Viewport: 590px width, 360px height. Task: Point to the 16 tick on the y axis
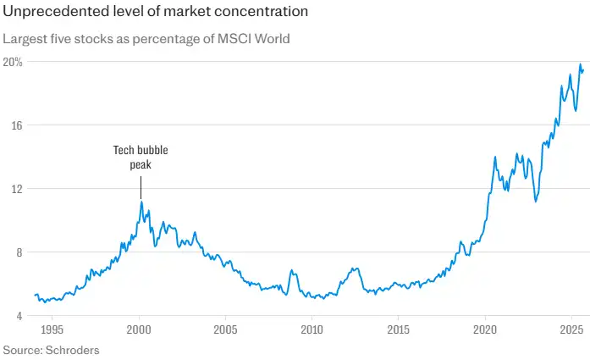[x=12, y=125]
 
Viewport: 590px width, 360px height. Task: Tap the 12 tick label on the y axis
[x=12, y=188]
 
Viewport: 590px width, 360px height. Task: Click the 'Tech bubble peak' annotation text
[x=141, y=158]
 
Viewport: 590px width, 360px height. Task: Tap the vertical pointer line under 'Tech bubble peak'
[x=141, y=187]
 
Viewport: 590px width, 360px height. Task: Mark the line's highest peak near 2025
[x=580, y=64]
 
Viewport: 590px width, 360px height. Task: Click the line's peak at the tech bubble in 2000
[x=141, y=202]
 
